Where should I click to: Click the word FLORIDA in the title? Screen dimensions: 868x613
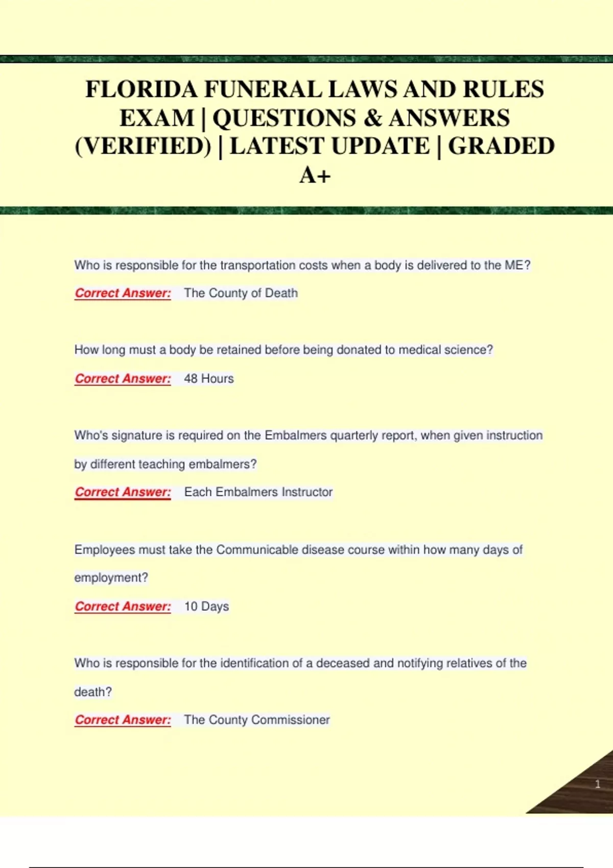tap(141, 89)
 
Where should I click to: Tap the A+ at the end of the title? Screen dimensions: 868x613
tap(315, 175)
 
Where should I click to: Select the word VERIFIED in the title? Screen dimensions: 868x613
tap(143, 147)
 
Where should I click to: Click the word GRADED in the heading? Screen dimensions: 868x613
tap(501, 147)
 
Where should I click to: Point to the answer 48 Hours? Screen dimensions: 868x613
tap(209, 378)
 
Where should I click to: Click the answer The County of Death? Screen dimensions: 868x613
tap(241, 293)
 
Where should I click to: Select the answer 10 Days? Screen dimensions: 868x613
tap(206, 606)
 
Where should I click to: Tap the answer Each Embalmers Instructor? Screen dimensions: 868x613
tap(258, 492)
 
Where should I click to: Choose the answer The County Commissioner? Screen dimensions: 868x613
tap(256, 719)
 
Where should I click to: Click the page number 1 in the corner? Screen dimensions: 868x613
tap(597, 784)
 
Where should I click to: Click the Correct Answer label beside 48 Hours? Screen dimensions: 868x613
tap(123, 378)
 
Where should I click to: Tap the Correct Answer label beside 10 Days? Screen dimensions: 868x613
tap(123, 606)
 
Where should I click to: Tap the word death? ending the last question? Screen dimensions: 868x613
tap(92, 692)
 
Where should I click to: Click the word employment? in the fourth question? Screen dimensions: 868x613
tap(111, 577)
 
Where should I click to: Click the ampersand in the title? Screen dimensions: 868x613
tap(373, 118)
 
